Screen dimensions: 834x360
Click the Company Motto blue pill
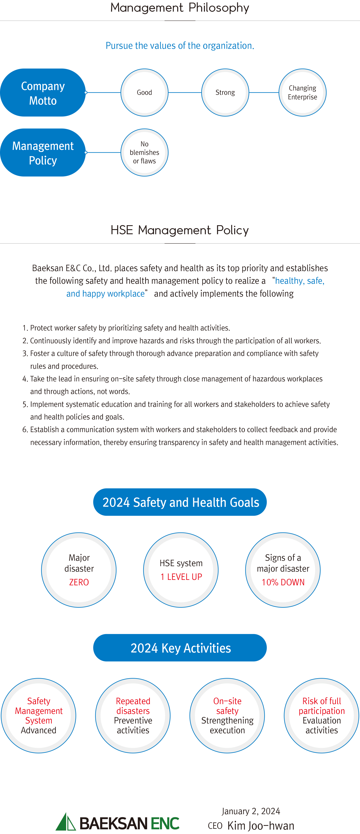[x=43, y=93]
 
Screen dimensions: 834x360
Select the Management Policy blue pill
[x=43, y=153]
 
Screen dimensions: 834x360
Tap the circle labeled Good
[x=144, y=93]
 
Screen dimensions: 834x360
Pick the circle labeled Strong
[x=225, y=93]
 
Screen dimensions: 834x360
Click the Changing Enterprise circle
[x=302, y=93]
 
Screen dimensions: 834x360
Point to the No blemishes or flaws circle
[x=144, y=153]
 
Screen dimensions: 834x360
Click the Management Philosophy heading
[x=180, y=8]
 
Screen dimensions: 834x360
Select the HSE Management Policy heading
[x=180, y=230]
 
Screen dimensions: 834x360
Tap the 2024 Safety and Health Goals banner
[x=180, y=502]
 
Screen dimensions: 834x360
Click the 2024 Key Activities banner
[x=180, y=648]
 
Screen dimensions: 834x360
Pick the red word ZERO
[x=79, y=582]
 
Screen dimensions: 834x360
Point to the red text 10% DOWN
[x=283, y=582]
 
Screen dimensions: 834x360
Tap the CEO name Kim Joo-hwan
[x=261, y=826]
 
